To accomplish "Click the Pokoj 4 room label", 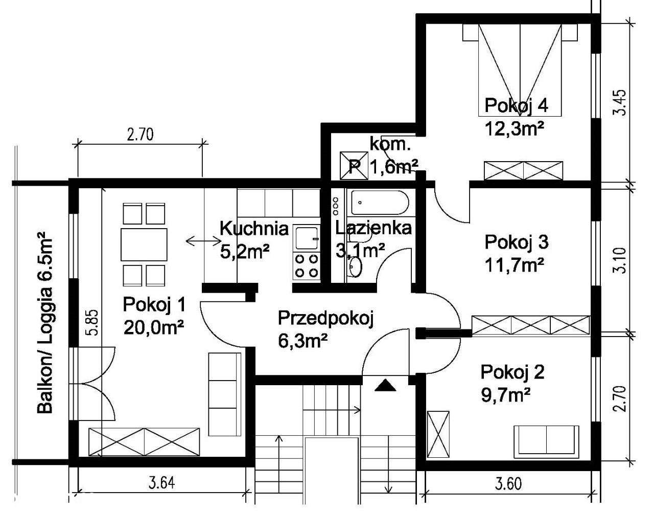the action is click(x=516, y=106).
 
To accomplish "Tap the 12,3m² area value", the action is click(x=515, y=129).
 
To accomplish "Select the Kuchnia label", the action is click(x=254, y=228).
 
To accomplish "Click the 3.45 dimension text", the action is click(x=621, y=103).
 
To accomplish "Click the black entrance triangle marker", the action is click(x=385, y=386).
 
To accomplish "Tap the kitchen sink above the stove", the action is click(x=307, y=238).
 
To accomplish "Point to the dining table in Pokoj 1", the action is click(x=144, y=245).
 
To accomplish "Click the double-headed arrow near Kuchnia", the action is click(x=204, y=240).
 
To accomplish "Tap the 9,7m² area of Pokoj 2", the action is click(x=506, y=395).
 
